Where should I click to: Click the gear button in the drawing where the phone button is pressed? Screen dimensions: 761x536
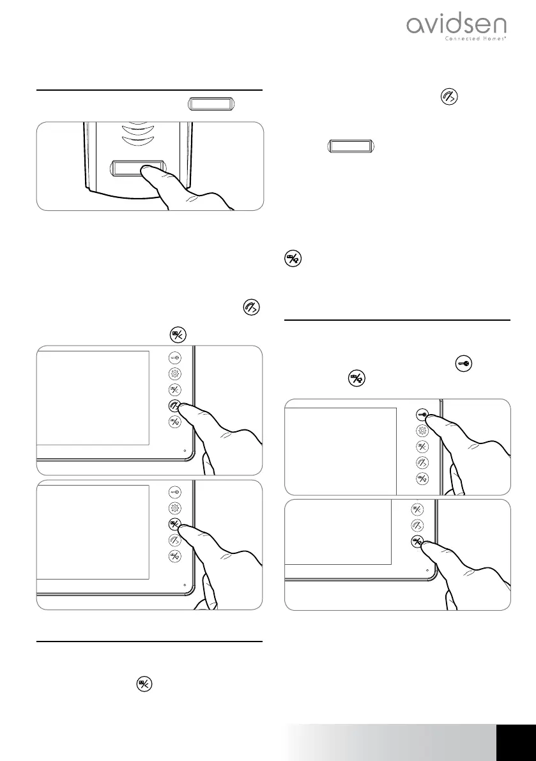175,375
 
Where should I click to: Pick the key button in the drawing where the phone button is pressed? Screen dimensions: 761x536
175,360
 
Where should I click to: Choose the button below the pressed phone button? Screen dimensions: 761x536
175,421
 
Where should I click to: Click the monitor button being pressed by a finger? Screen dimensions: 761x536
175,525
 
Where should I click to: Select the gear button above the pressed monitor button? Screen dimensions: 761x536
175,509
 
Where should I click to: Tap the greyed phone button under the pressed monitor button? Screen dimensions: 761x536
175,540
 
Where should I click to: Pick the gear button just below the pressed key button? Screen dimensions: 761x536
422,431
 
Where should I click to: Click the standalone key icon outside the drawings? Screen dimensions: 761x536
463,365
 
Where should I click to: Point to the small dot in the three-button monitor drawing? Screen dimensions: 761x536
427,570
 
